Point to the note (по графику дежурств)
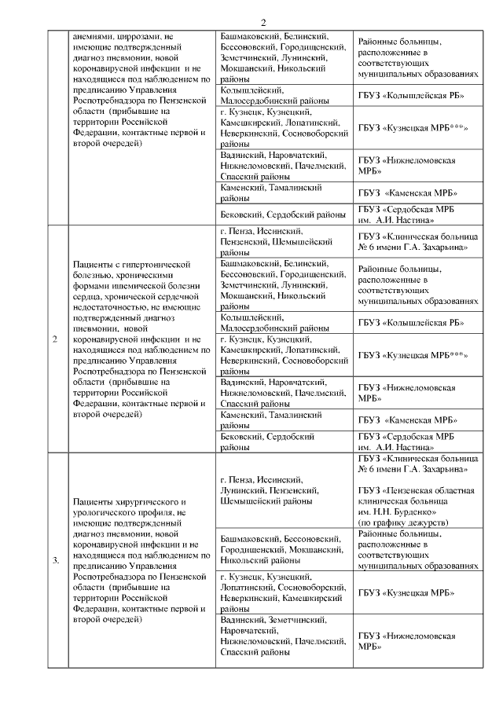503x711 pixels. (404, 522)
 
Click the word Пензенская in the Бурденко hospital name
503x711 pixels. (413, 490)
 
